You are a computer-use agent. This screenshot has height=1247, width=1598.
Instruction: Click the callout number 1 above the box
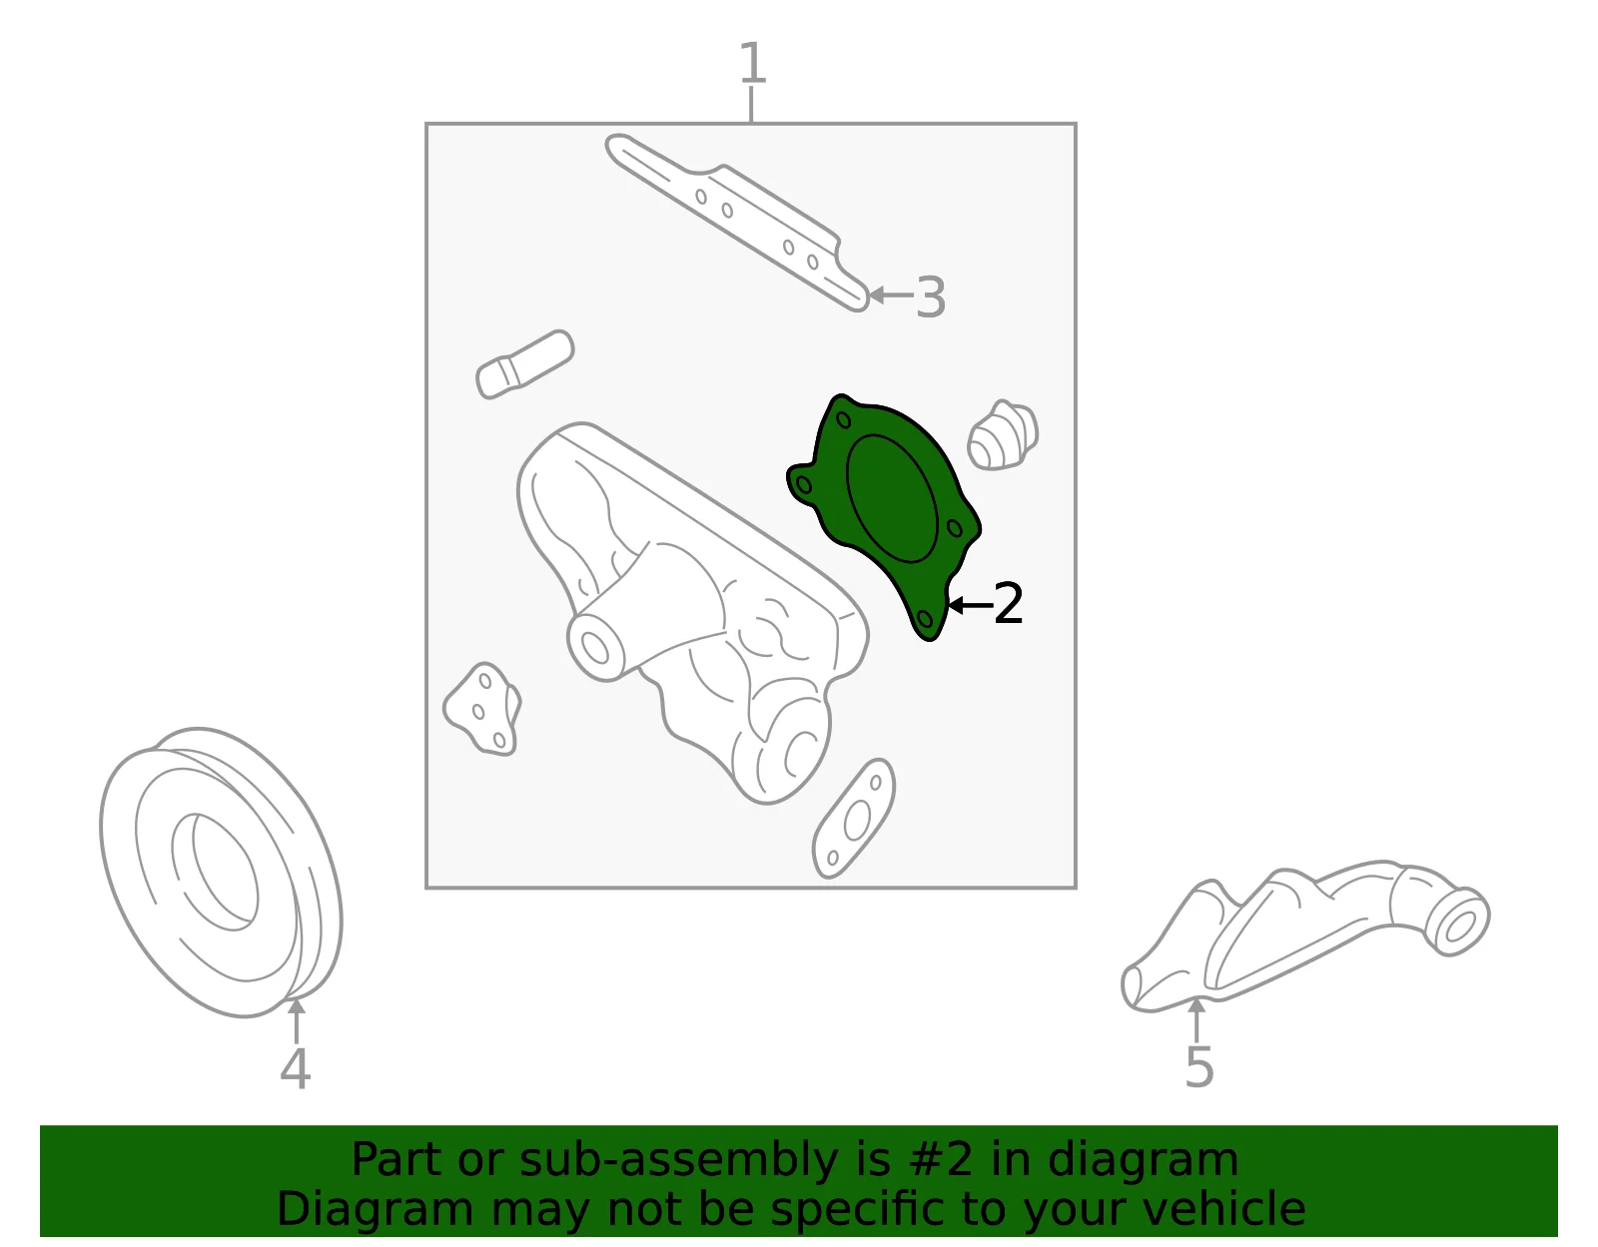[752, 63]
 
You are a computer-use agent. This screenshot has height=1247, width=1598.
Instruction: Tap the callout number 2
[1008, 603]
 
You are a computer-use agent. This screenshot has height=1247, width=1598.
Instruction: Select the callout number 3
[930, 298]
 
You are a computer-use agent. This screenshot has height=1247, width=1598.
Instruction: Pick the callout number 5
[1198, 1066]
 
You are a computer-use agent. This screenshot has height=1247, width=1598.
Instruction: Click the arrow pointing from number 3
[891, 296]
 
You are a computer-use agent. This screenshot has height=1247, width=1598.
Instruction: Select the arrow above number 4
[297, 1020]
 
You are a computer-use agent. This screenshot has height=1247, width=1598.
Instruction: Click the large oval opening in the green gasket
[891, 498]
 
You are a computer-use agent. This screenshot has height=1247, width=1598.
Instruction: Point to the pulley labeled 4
[221, 873]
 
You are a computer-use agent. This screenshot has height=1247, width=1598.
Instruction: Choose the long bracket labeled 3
[737, 223]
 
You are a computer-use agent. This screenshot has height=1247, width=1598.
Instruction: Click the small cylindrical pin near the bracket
[525, 363]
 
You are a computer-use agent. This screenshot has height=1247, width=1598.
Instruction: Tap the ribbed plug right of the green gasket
[1003, 435]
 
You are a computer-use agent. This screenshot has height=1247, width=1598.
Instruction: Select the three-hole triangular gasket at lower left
[482, 710]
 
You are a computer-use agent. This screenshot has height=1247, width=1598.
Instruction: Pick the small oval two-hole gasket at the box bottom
[854, 818]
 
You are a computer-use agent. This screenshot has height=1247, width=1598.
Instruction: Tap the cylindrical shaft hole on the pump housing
[595, 647]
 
